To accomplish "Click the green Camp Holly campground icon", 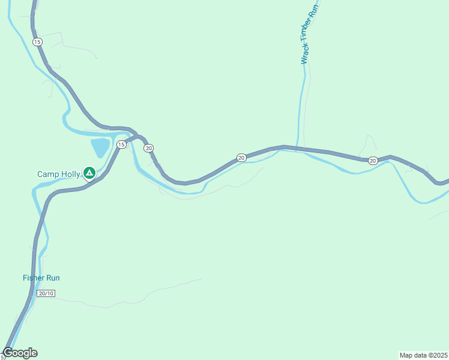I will click(89, 173).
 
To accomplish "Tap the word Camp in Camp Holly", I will click(49, 175).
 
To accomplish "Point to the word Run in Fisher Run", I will click(53, 278).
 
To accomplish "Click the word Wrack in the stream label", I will click(305, 54).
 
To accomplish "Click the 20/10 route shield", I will click(46, 293).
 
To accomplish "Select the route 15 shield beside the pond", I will click(121, 145).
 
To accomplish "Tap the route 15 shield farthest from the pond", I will click(38, 41).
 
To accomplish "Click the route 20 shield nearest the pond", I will click(149, 148).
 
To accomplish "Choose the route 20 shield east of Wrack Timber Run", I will click(373, 160).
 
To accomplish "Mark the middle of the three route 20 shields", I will click(241, 158).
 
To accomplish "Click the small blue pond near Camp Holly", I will click(100, 146).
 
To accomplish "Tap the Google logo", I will click(20, 353).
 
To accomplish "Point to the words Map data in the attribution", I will click(413, 355).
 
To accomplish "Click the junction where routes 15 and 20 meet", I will click(137, 135).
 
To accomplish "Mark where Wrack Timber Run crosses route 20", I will click(298, 147).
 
